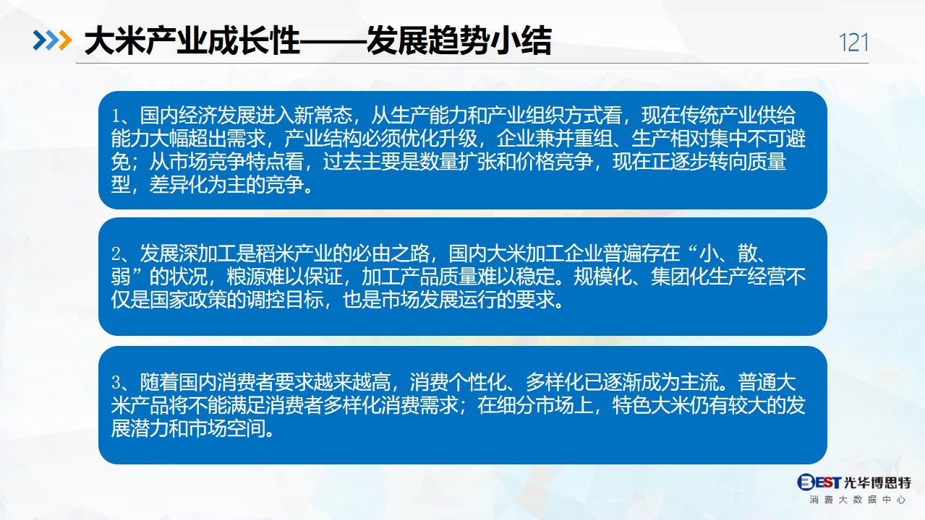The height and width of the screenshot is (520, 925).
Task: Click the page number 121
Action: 853,42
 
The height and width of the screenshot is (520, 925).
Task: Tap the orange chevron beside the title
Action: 65,40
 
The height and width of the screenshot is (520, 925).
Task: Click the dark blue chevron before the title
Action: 40,40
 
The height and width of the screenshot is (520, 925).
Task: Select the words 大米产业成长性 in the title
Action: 192,40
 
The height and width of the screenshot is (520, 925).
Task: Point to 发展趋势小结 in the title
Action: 459,40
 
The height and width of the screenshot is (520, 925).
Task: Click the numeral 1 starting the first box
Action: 116,116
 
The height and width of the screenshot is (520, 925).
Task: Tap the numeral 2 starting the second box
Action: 116,254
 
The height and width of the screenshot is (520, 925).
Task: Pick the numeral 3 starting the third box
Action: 116,383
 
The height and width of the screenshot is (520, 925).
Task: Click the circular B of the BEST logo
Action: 806,482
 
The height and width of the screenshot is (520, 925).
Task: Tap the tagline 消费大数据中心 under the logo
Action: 858,500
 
